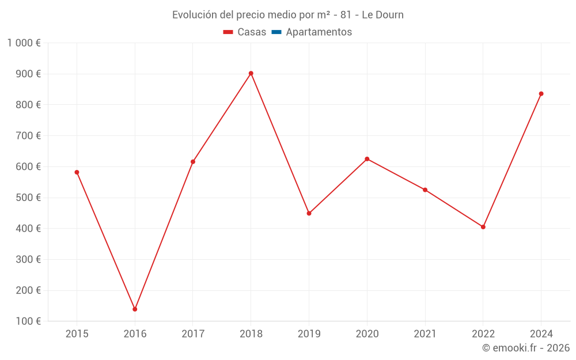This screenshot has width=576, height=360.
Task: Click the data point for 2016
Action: pos(135,309)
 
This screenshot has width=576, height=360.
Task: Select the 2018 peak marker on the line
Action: pos(251,73)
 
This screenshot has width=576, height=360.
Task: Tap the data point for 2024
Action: pos(541,94)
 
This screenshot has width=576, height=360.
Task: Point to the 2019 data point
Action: pos(309,213)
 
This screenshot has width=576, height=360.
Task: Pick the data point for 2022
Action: pos(483,227)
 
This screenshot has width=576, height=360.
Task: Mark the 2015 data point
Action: pos(77,172)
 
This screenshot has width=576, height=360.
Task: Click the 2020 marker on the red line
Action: pos(367,159)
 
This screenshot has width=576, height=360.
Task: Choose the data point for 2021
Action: pos(425,190)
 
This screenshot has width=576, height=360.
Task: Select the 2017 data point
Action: pos(193,162)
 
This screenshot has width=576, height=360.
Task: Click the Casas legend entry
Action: pos(245,32)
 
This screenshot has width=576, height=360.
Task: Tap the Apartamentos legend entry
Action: pos(312,32)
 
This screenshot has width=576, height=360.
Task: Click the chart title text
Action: pos(288,15)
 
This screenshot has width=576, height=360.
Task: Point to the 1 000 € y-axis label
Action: pos(24,43)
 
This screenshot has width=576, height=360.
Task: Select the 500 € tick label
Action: pos(27,198)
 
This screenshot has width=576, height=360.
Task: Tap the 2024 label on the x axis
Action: pos(541,334)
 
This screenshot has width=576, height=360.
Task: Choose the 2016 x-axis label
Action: pos(135,334)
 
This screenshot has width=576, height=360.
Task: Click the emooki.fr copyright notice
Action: pos(526,348)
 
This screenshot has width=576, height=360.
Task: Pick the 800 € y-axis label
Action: pos(27,105)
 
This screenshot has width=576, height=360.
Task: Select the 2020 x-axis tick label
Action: pos(367,334)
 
